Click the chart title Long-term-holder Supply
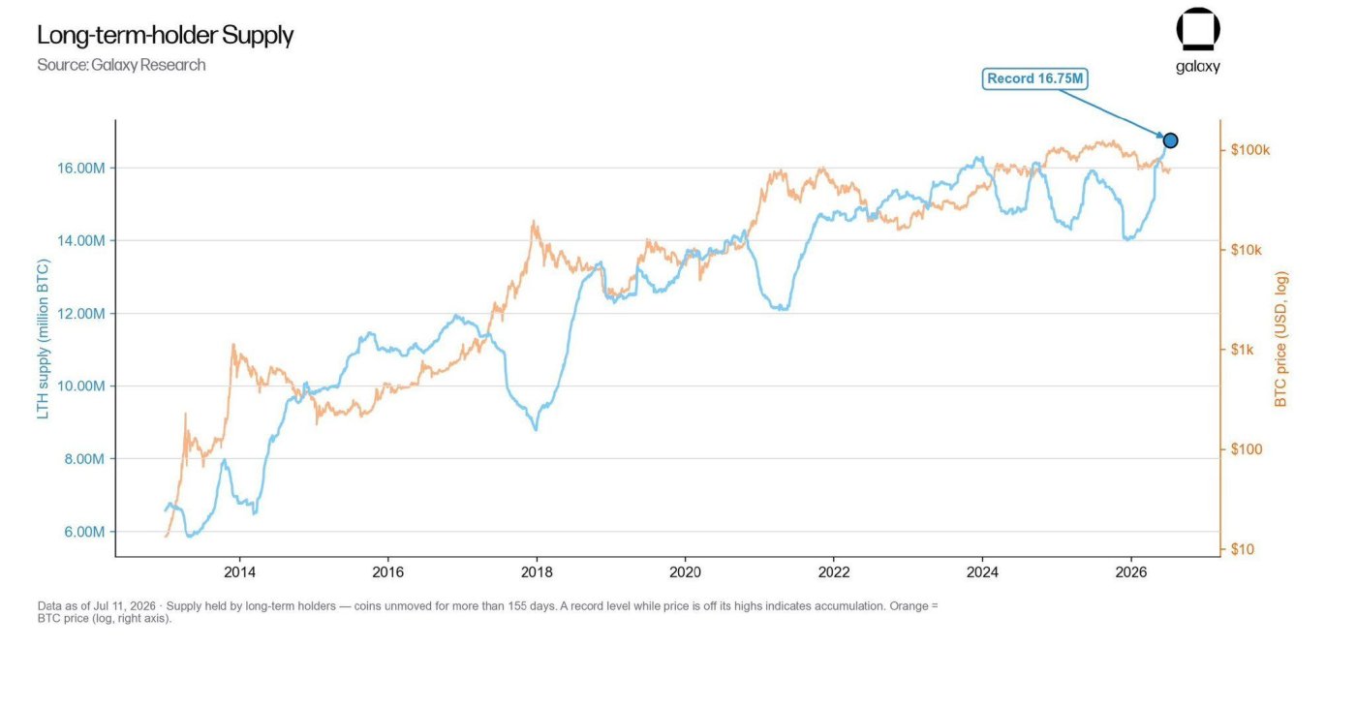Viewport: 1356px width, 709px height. pyautogui.click(x=166, y=35)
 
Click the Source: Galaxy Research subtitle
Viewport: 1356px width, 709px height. pyautogui.click(x=121, y=65)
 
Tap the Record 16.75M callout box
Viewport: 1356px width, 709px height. pyautogui.click(x=1034, y=78)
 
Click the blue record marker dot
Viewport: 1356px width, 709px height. pyautogui.click(x=1170, y=140)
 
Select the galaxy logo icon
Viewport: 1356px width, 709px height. pyautogui.click(x=1198, y=29)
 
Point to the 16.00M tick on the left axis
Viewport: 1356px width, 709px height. pyautogui.click(x=81, y=168)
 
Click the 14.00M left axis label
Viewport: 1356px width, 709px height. pyautogui.click(x=81, y=240)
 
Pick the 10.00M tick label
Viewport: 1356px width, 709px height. pyautogui.click(x=81, y=385)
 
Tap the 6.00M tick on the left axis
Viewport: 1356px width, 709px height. pyautogui.click(x=84, y=532)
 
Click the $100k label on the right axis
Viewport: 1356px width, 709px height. pyautogui.click(x=1250, y=149)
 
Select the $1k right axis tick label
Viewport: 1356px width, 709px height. pyautogui.click(x=1242, y=350)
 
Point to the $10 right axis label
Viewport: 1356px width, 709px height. pyautogui.click(x=1242, y=549)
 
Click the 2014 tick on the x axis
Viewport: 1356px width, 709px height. pyautogui.click(x=240, y=572)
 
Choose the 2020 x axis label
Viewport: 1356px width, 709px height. pyautogui.click(x=686, y=572)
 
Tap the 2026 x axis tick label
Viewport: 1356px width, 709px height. pyautogui.click(x=1131, y=572)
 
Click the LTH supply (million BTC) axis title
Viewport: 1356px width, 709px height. pyautogui.click(x=43, y=338)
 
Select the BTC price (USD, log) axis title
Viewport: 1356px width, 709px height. pyautogui.click(x=1280, y=339)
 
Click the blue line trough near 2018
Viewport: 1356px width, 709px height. pyautogui.click(x=536, y=429)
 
